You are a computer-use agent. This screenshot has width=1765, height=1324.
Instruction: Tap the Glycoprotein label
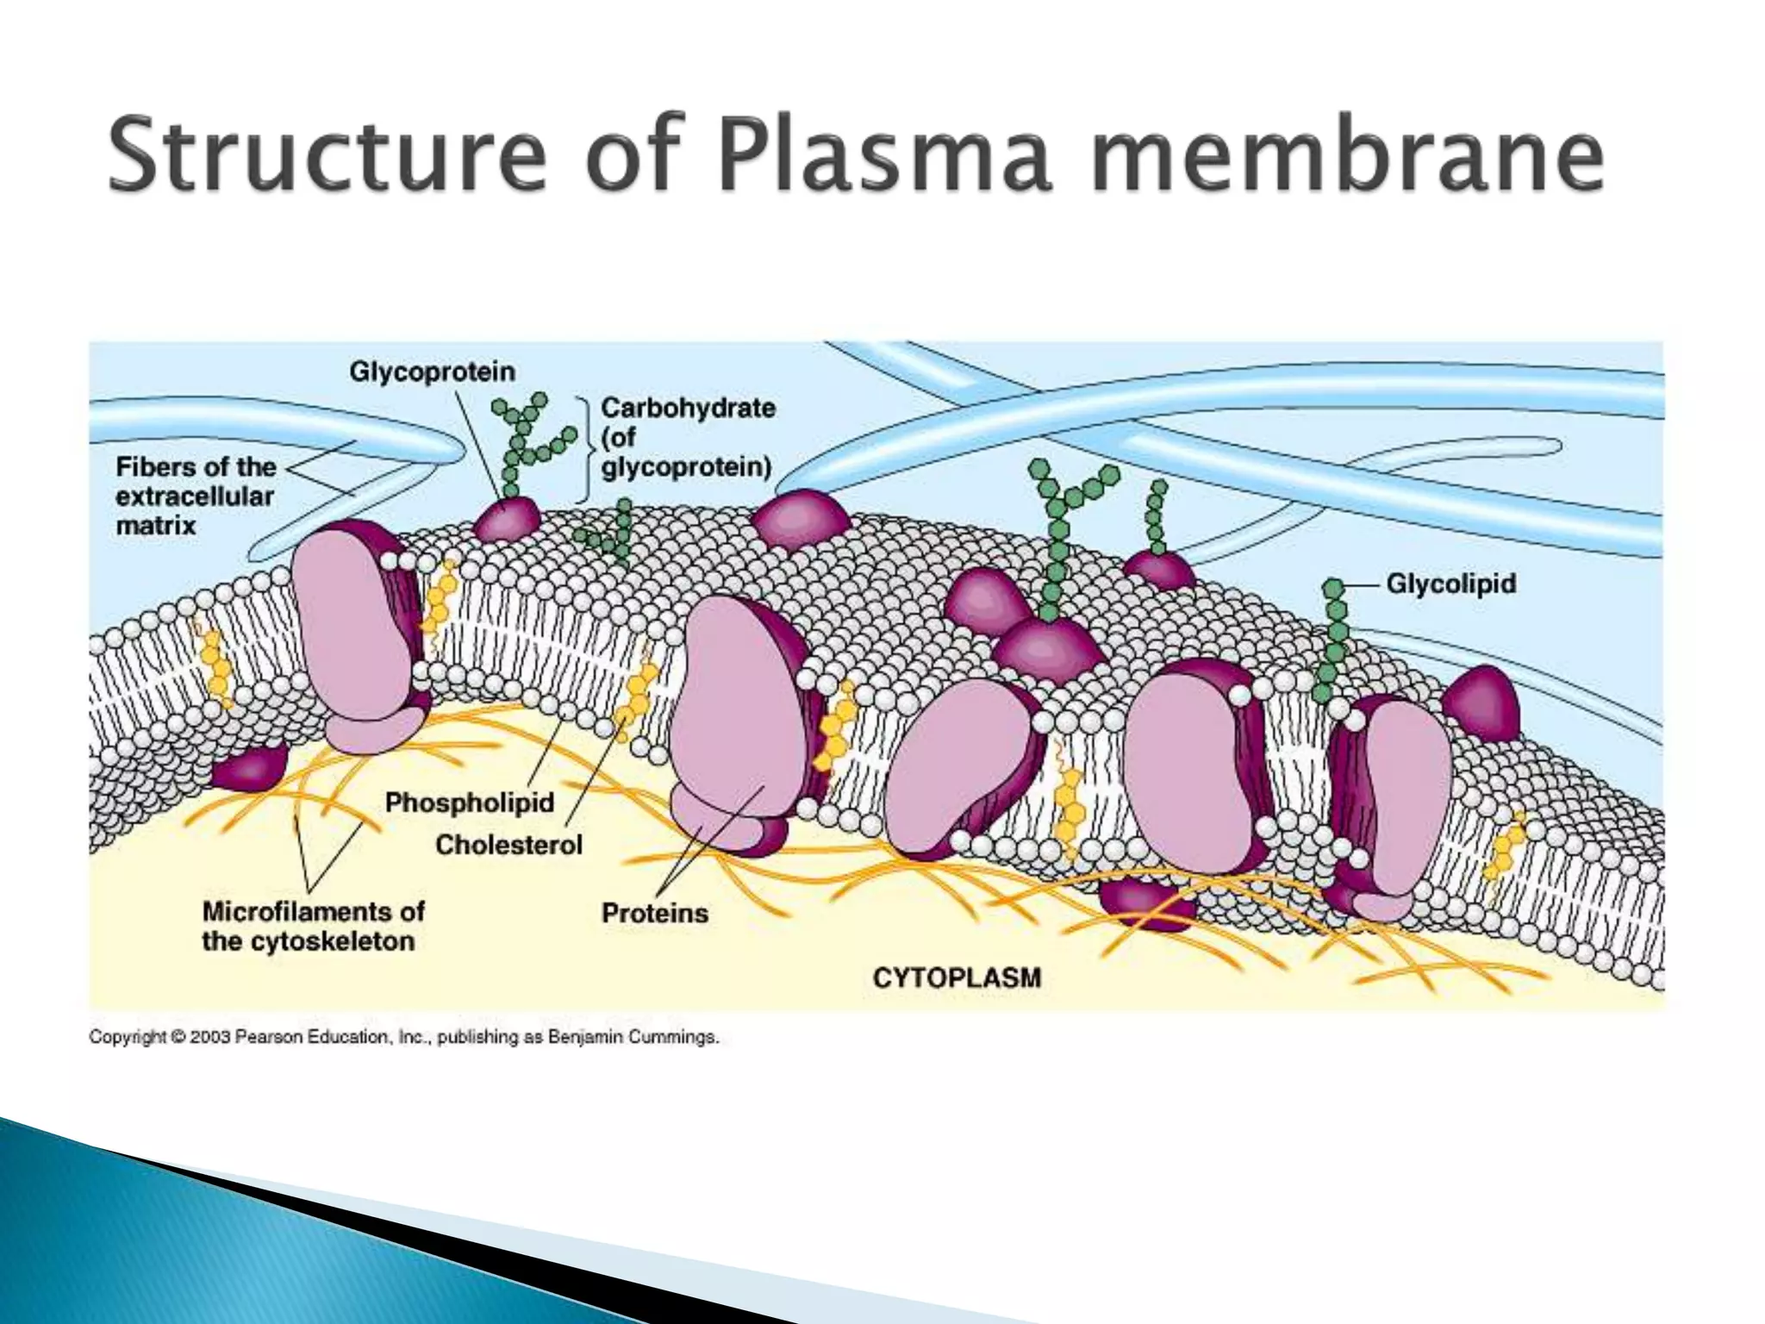coord(432,372)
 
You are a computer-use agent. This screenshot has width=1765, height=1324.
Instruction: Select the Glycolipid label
coord(1450,584)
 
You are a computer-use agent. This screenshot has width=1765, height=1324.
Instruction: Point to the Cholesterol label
coord(508,845)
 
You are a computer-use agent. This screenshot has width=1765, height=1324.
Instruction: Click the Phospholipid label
coord(469,803)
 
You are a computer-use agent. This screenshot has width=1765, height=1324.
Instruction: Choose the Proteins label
coord(654,913)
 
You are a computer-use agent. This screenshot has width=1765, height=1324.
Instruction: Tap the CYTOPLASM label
coord(957,977)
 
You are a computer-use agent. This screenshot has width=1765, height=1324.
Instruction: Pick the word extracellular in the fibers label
coord(195,496)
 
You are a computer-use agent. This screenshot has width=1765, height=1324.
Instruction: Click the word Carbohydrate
coord(688,407)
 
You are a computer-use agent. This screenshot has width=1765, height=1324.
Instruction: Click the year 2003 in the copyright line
coord(210,1037)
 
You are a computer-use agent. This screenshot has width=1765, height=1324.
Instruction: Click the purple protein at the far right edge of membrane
coord(1481,703)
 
